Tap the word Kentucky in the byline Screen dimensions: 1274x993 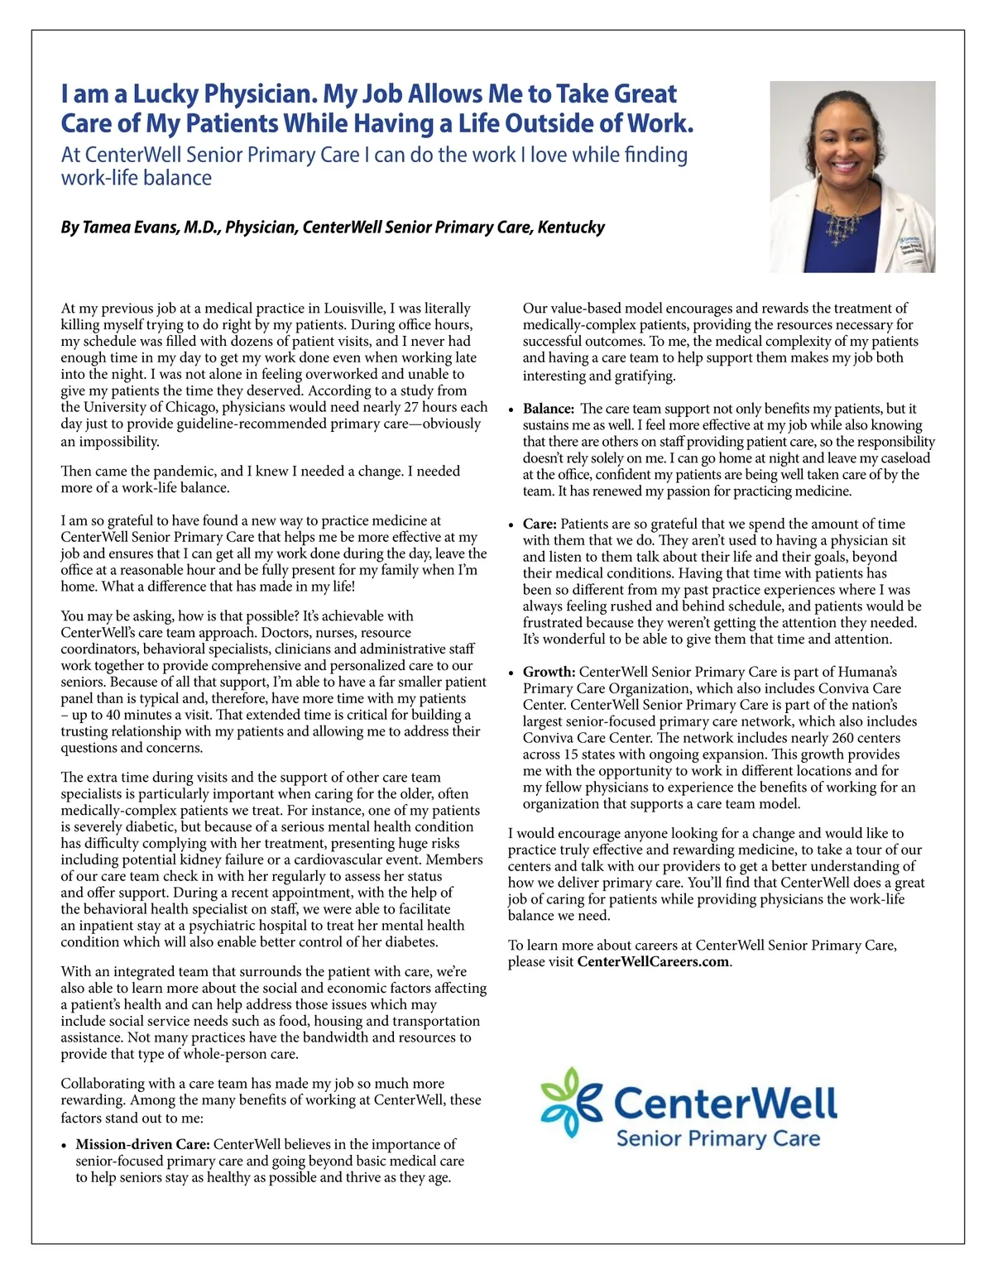[571, 227]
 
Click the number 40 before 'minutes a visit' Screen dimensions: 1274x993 [113, 715]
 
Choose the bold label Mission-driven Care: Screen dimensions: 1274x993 [143, 1144]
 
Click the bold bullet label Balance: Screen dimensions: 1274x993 [549, 409]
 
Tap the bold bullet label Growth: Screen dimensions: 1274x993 [549, 672]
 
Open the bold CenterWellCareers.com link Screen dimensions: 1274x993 [653, 962]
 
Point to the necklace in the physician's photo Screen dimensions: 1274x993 [848, 219]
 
